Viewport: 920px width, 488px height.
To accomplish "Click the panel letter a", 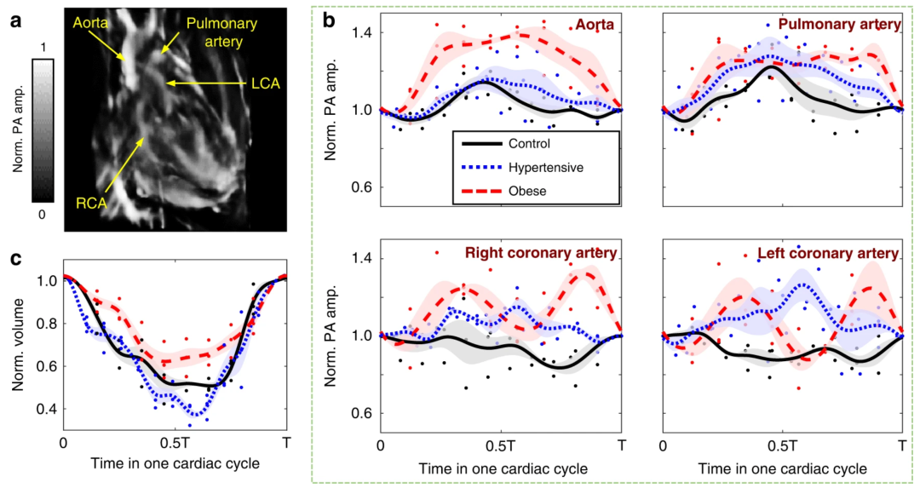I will pos(15,23).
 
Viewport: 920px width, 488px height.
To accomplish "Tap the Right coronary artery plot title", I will pos(540,253).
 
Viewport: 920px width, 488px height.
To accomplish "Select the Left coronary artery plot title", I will pos(827,253).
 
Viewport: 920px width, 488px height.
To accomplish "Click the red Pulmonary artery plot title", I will pos(840,25).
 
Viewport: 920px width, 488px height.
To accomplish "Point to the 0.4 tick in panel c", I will pos(46,410).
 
